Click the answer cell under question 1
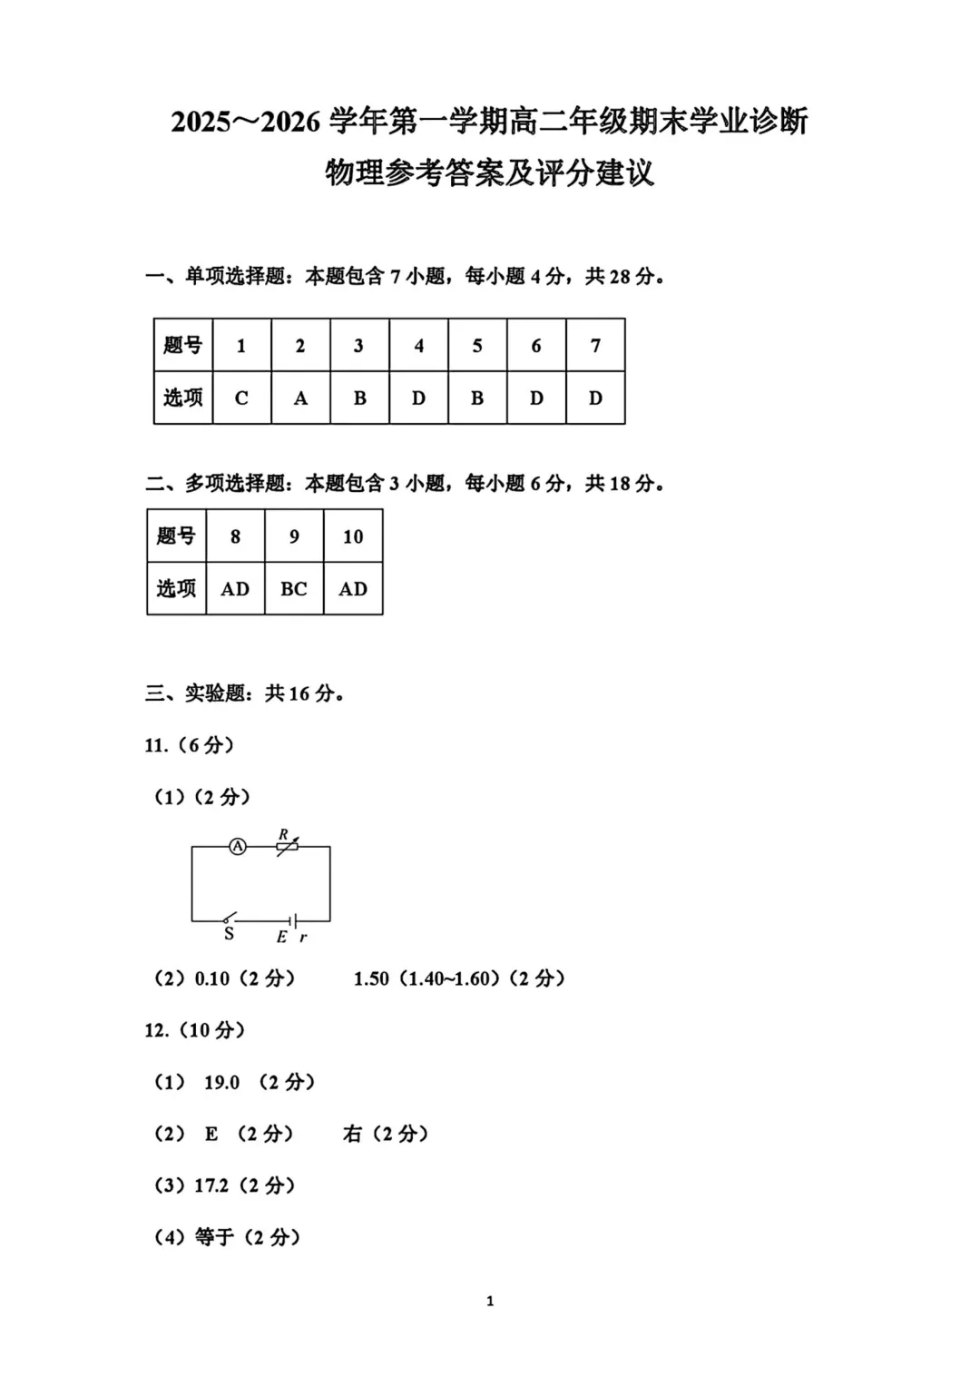[241, 398]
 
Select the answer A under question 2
[300, 398]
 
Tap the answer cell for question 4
[418, 398]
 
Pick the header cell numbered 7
[595, 346]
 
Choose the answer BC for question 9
[294, 589]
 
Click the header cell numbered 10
[353, 536]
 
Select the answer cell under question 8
[235, 589]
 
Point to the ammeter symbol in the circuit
[238, 847]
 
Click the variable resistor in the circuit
[287, 847]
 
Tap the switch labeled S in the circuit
[230, 919]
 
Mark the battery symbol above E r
[291, 920]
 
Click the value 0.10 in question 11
[212, 978]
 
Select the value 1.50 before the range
[371, 978]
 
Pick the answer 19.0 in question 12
[221, 1082]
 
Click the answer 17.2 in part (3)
[211, 1185]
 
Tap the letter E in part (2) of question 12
[211, 1134]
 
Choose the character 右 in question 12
[352, 1134]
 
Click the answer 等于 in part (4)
[214, 1237]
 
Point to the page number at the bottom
[490, 1302]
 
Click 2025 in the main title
[201, 122]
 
